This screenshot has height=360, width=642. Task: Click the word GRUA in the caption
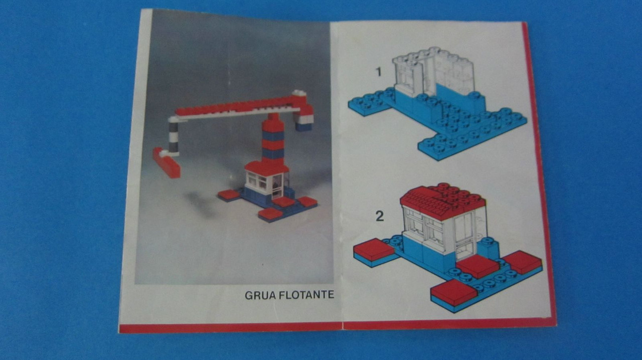pyautogui.click(x=260, y=295)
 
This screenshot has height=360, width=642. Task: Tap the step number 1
pyautogui.click(x=379, y=72)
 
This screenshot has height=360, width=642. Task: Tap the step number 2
pyautogui.click(x=380, y=216)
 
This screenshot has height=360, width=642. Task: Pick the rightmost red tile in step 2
pyautogui.click(x=523, y=262)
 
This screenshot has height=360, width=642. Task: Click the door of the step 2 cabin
pyautogui.click(x=463, y=236)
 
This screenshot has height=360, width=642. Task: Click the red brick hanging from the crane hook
pyautogui.click(x=166, y=163)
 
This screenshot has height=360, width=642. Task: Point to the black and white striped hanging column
pyautogui.click(x=173, y=137)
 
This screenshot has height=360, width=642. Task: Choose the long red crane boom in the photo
pyautogui.click(x=241, y=105)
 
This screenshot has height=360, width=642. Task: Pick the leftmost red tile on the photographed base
pyautogui.click(x=229, y=195)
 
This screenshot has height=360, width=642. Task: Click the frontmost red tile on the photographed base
pyautogui.click(x=270, y=214)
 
